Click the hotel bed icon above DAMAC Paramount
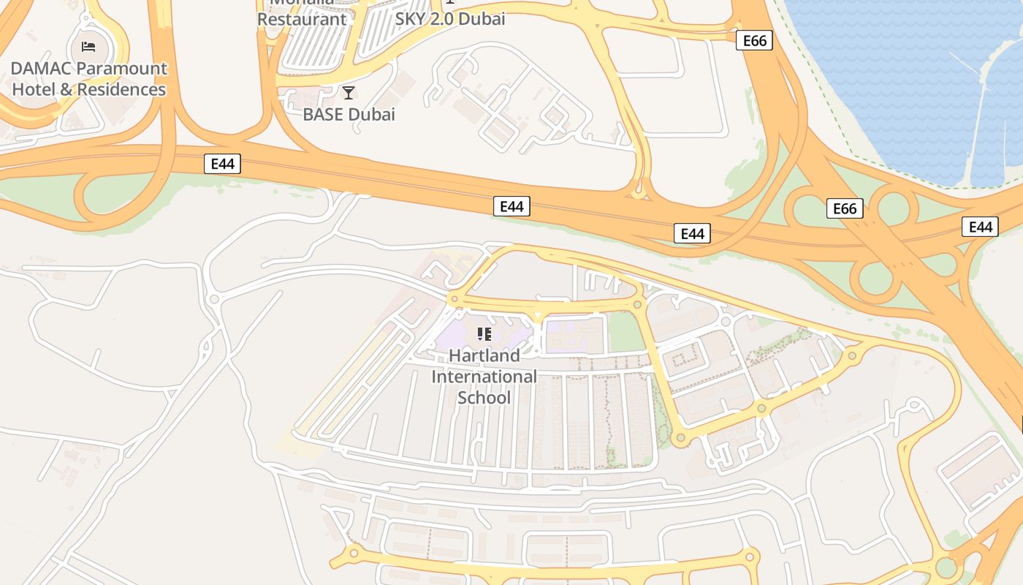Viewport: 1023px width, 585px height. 88,48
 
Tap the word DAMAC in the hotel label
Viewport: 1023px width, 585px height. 42,69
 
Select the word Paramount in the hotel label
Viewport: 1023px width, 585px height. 122,69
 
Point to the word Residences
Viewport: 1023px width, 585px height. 121,90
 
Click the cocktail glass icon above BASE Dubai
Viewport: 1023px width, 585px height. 349,93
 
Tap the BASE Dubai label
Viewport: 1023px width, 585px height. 349,115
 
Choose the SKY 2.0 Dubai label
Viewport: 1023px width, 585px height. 450,19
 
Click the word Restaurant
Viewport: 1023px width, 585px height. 302,19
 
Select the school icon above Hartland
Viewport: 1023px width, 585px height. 484,335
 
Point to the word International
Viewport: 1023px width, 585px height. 484,377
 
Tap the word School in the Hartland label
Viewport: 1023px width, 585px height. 484,398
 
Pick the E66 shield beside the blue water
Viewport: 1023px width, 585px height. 754,40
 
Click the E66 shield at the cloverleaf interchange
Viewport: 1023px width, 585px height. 845,209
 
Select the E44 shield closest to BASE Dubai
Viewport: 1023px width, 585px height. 222,164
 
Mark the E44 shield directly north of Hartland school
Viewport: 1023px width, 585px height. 512,207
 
